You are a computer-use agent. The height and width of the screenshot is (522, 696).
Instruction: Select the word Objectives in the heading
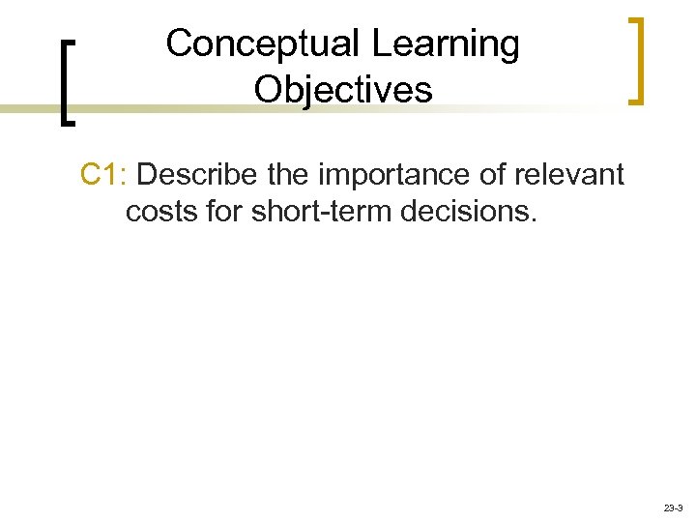point(343,90)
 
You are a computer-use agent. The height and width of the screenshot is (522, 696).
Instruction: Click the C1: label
point(106,175)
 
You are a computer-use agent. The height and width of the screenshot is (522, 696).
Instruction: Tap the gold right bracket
point(636,59)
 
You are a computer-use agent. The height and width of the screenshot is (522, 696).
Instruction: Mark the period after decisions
point(531,219)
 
